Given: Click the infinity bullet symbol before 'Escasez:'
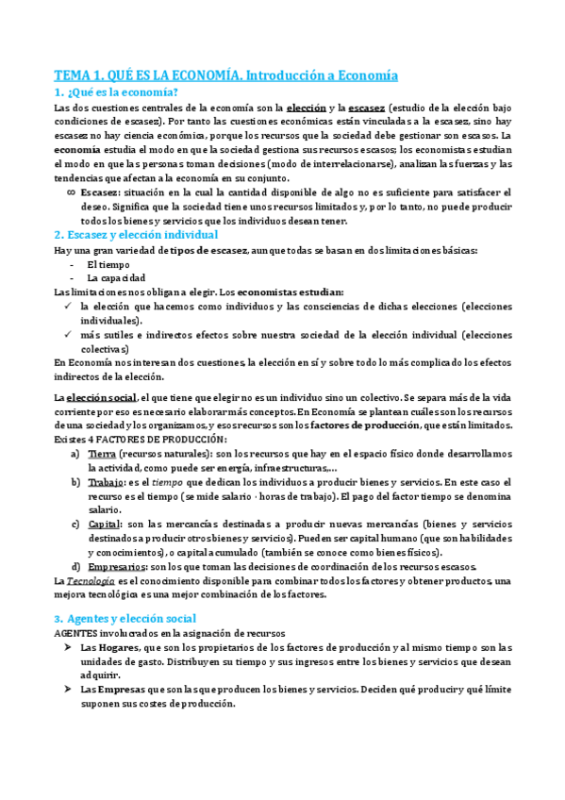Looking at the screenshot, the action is tap(72, 192).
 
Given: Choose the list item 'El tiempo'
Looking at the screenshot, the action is tap(107, 264).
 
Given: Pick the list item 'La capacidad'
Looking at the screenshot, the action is tap(115, 278).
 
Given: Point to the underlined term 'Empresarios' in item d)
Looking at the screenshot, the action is tap(117, 566).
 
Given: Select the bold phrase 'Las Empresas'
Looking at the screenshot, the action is tap(114, 690).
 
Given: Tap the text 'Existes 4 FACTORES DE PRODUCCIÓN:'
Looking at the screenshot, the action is tap(141, 440).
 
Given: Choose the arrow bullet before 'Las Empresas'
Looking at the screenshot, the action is tap(71, 690).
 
